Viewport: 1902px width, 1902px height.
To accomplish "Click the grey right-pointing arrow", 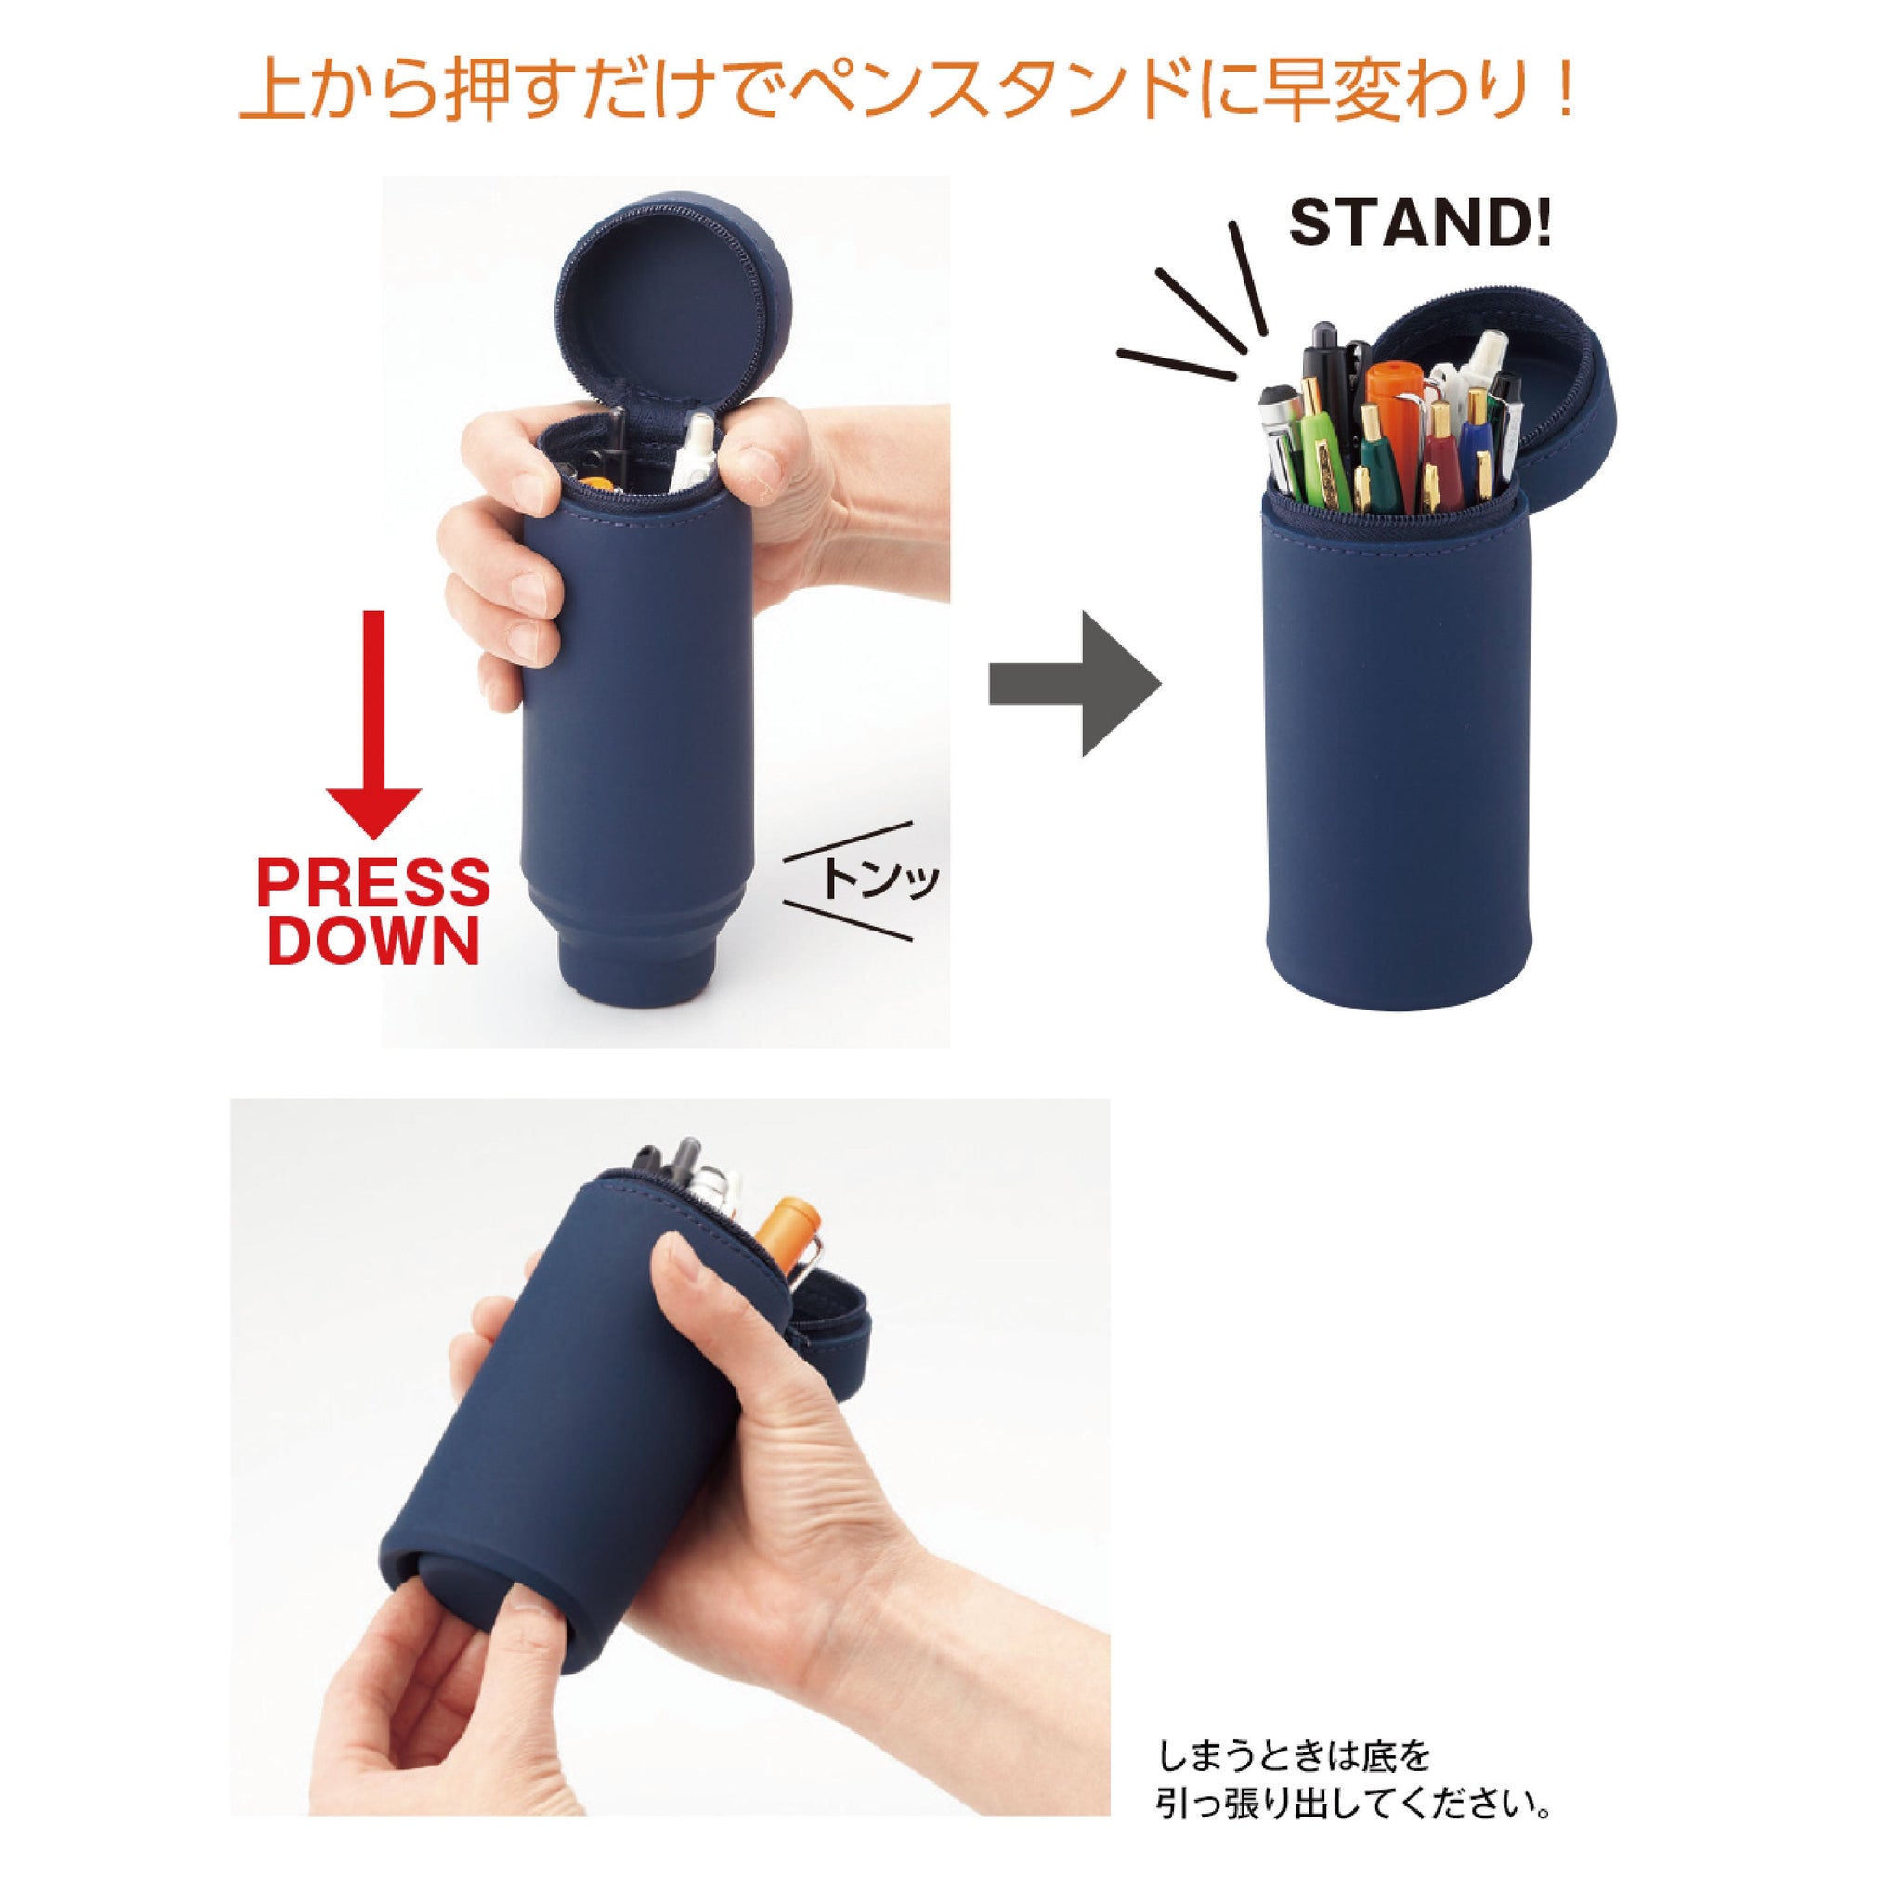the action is [1075, 684].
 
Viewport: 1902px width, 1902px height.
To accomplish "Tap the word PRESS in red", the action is [373, 883].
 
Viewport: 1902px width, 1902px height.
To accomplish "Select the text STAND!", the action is [1421, 225].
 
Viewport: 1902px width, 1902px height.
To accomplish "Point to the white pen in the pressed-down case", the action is [696, 452].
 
